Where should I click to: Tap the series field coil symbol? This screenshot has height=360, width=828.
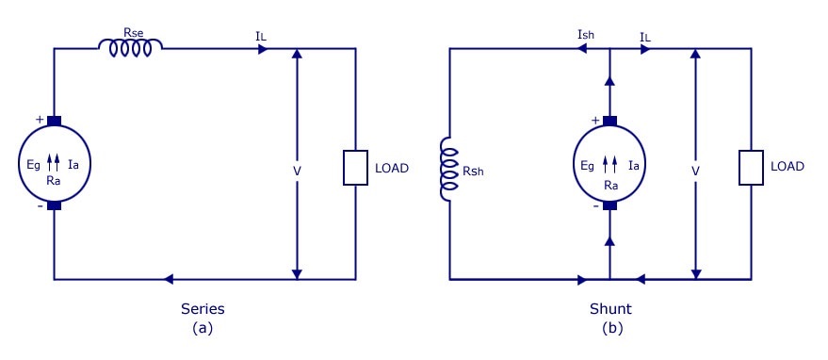click(130, 48)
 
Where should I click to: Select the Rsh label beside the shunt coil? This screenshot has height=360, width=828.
click(473, 172)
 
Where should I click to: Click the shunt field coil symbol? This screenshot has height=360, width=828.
click(449, 170)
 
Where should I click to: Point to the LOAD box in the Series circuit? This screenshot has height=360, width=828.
click(355, 168)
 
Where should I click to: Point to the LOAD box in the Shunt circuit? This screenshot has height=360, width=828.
click(751, 168)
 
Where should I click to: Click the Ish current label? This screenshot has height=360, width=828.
click(586, 36)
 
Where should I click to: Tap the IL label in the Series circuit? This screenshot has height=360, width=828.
click(260, 37)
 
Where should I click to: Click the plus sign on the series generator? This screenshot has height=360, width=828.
click(40, 120)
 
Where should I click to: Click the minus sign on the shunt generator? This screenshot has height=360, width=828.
click(595, 206)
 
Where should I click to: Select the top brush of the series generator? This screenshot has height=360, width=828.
click(54, 122)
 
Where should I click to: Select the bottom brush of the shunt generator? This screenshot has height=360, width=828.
click(609, 205)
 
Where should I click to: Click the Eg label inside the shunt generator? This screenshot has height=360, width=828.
click(587, 166)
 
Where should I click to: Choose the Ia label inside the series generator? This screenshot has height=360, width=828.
click(73, 165)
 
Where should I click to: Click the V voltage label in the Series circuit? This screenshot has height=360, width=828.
click(298, 171)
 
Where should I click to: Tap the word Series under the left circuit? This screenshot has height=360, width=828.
click(203, 309)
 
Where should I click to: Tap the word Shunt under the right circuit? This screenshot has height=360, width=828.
click(610, 309)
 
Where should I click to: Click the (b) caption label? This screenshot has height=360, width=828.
click(612, 328)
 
